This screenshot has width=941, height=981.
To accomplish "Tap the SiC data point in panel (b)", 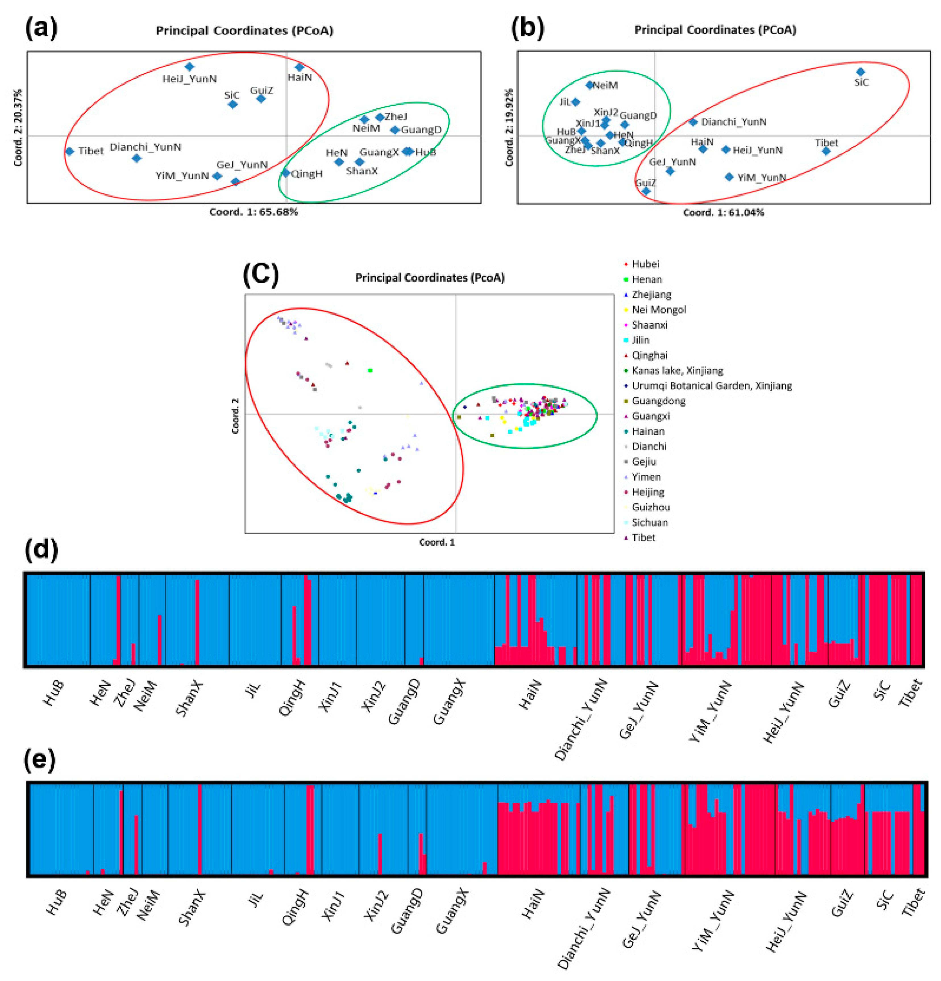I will pos(860,72).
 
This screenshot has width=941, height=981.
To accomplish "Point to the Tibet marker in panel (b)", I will pos(826,151).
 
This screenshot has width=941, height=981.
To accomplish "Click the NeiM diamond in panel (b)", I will pos(590,85).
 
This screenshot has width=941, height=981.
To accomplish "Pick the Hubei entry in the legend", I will pos(645,264).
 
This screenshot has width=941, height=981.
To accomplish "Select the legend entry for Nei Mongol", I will pos(658,309).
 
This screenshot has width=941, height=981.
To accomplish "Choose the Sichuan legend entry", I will pos(649,522).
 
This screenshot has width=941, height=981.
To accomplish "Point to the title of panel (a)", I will pos(244,30).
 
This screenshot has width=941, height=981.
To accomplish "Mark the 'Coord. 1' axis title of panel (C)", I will pos(437,542).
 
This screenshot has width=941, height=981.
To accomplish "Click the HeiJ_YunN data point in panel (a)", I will pos(189,66).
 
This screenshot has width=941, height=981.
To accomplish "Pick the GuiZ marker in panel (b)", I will pos(646,191).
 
